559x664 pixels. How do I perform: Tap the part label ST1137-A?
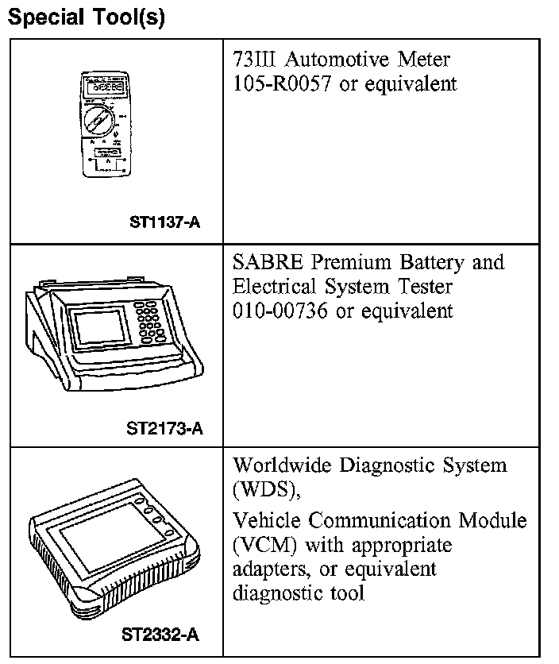click(x=164, y=222)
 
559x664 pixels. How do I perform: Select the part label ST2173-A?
click(x=164, y=430)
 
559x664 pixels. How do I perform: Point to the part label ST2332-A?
click(x=160, y=635)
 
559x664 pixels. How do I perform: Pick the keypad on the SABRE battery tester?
click(x=150, y=321)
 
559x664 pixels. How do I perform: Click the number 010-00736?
click(x=282, y=311)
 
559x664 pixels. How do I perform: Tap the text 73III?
click(x=253, y=60)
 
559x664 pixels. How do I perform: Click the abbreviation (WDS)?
click(x=267, y=489)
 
